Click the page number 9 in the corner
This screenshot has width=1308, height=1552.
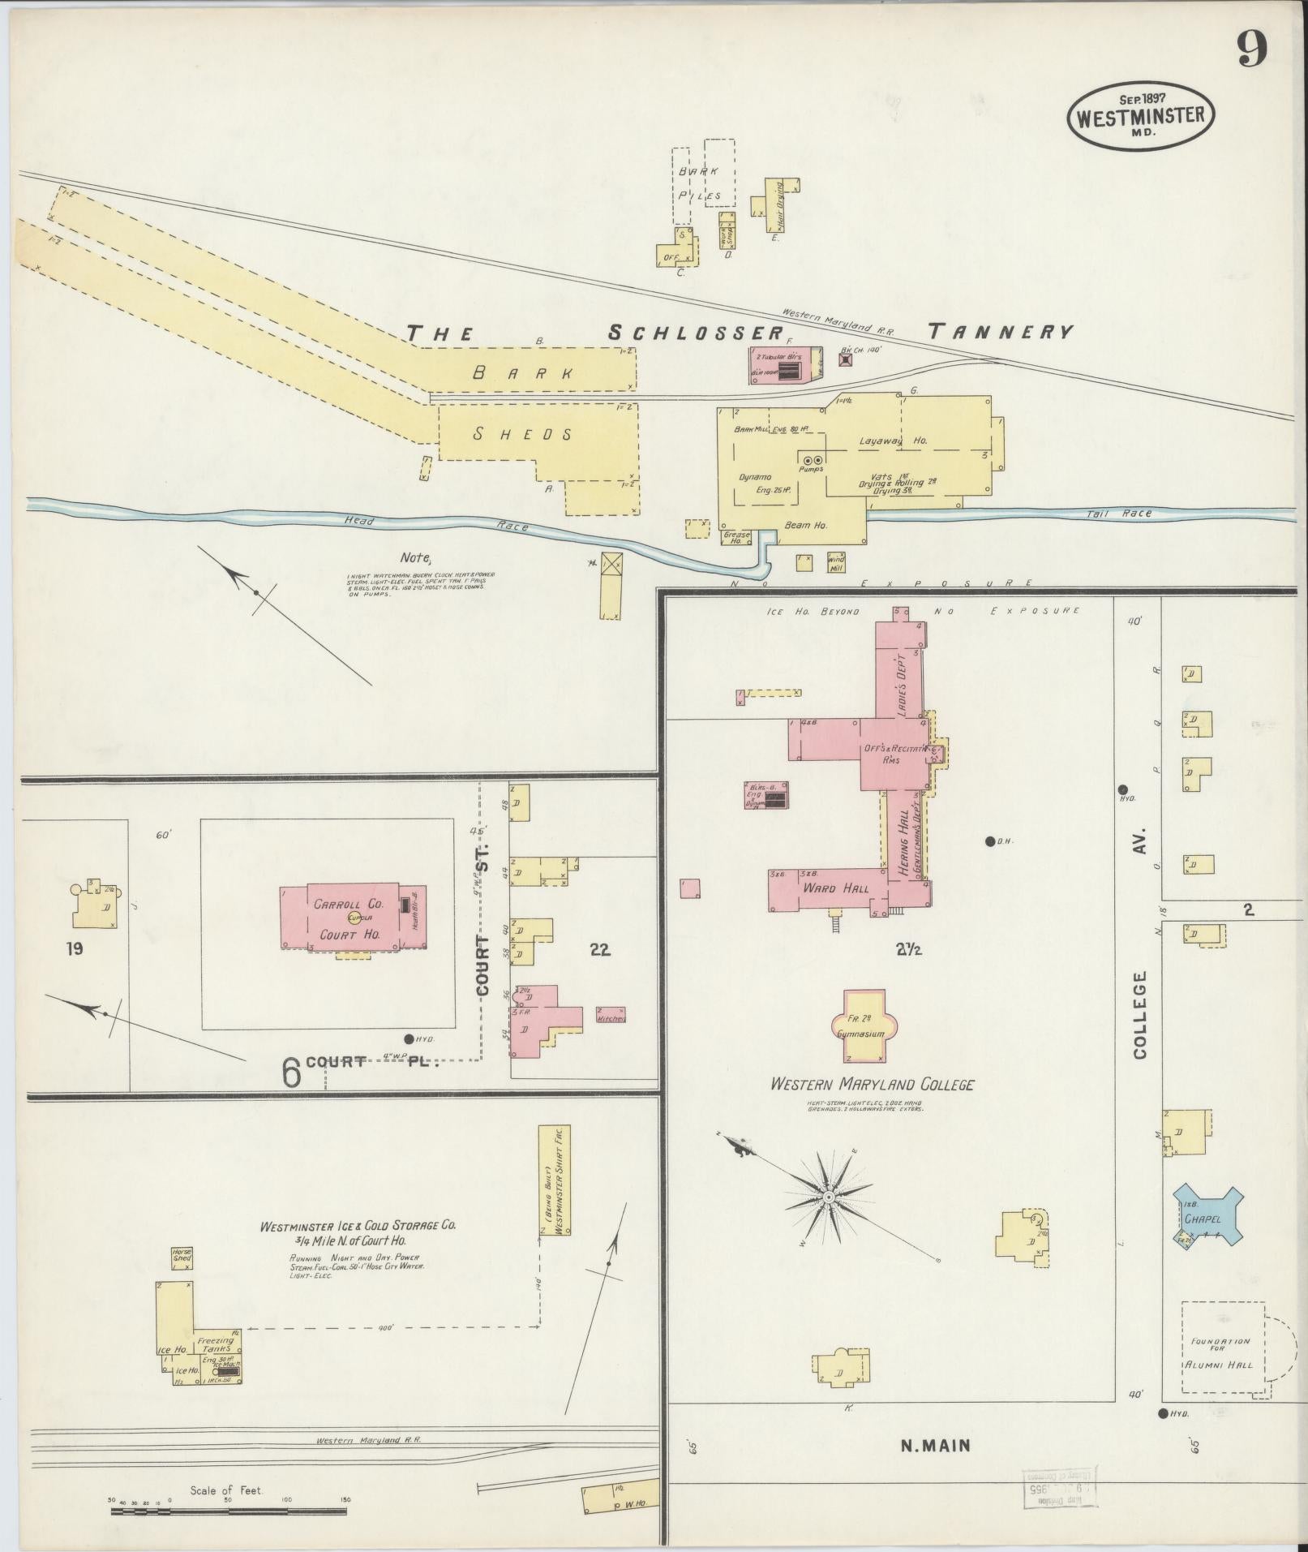point(1251,51)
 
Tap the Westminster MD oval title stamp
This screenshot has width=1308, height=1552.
point(1140,116)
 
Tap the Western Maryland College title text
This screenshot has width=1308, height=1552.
point(872,1084)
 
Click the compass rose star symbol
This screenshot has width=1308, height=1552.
point(829,1197)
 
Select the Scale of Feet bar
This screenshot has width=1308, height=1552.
point(229,1511)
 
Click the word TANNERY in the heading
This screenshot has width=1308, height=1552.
point(1000,331)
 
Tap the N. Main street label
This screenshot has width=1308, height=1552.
point(935,1445)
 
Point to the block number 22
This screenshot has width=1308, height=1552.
point(600,950)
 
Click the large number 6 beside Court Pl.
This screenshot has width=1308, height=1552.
point(292,1073)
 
